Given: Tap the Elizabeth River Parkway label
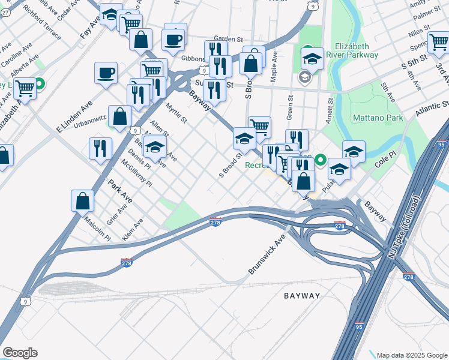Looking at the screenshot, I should coord(357,50).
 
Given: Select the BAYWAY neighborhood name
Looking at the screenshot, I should coord(302,296).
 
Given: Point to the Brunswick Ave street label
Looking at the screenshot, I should coord(267,255).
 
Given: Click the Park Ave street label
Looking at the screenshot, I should coord(119,190).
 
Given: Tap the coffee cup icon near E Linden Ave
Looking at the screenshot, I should coord(106,73).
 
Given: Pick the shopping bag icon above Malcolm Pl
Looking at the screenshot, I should coord(82,201).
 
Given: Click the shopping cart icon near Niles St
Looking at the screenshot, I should coord(439,42).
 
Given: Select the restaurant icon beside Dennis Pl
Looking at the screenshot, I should coord(100,148).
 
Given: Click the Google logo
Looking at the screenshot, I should coord(20,353).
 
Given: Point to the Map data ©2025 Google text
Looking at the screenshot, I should coord(411,355).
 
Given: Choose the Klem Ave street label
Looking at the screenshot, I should coord(133,230).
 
